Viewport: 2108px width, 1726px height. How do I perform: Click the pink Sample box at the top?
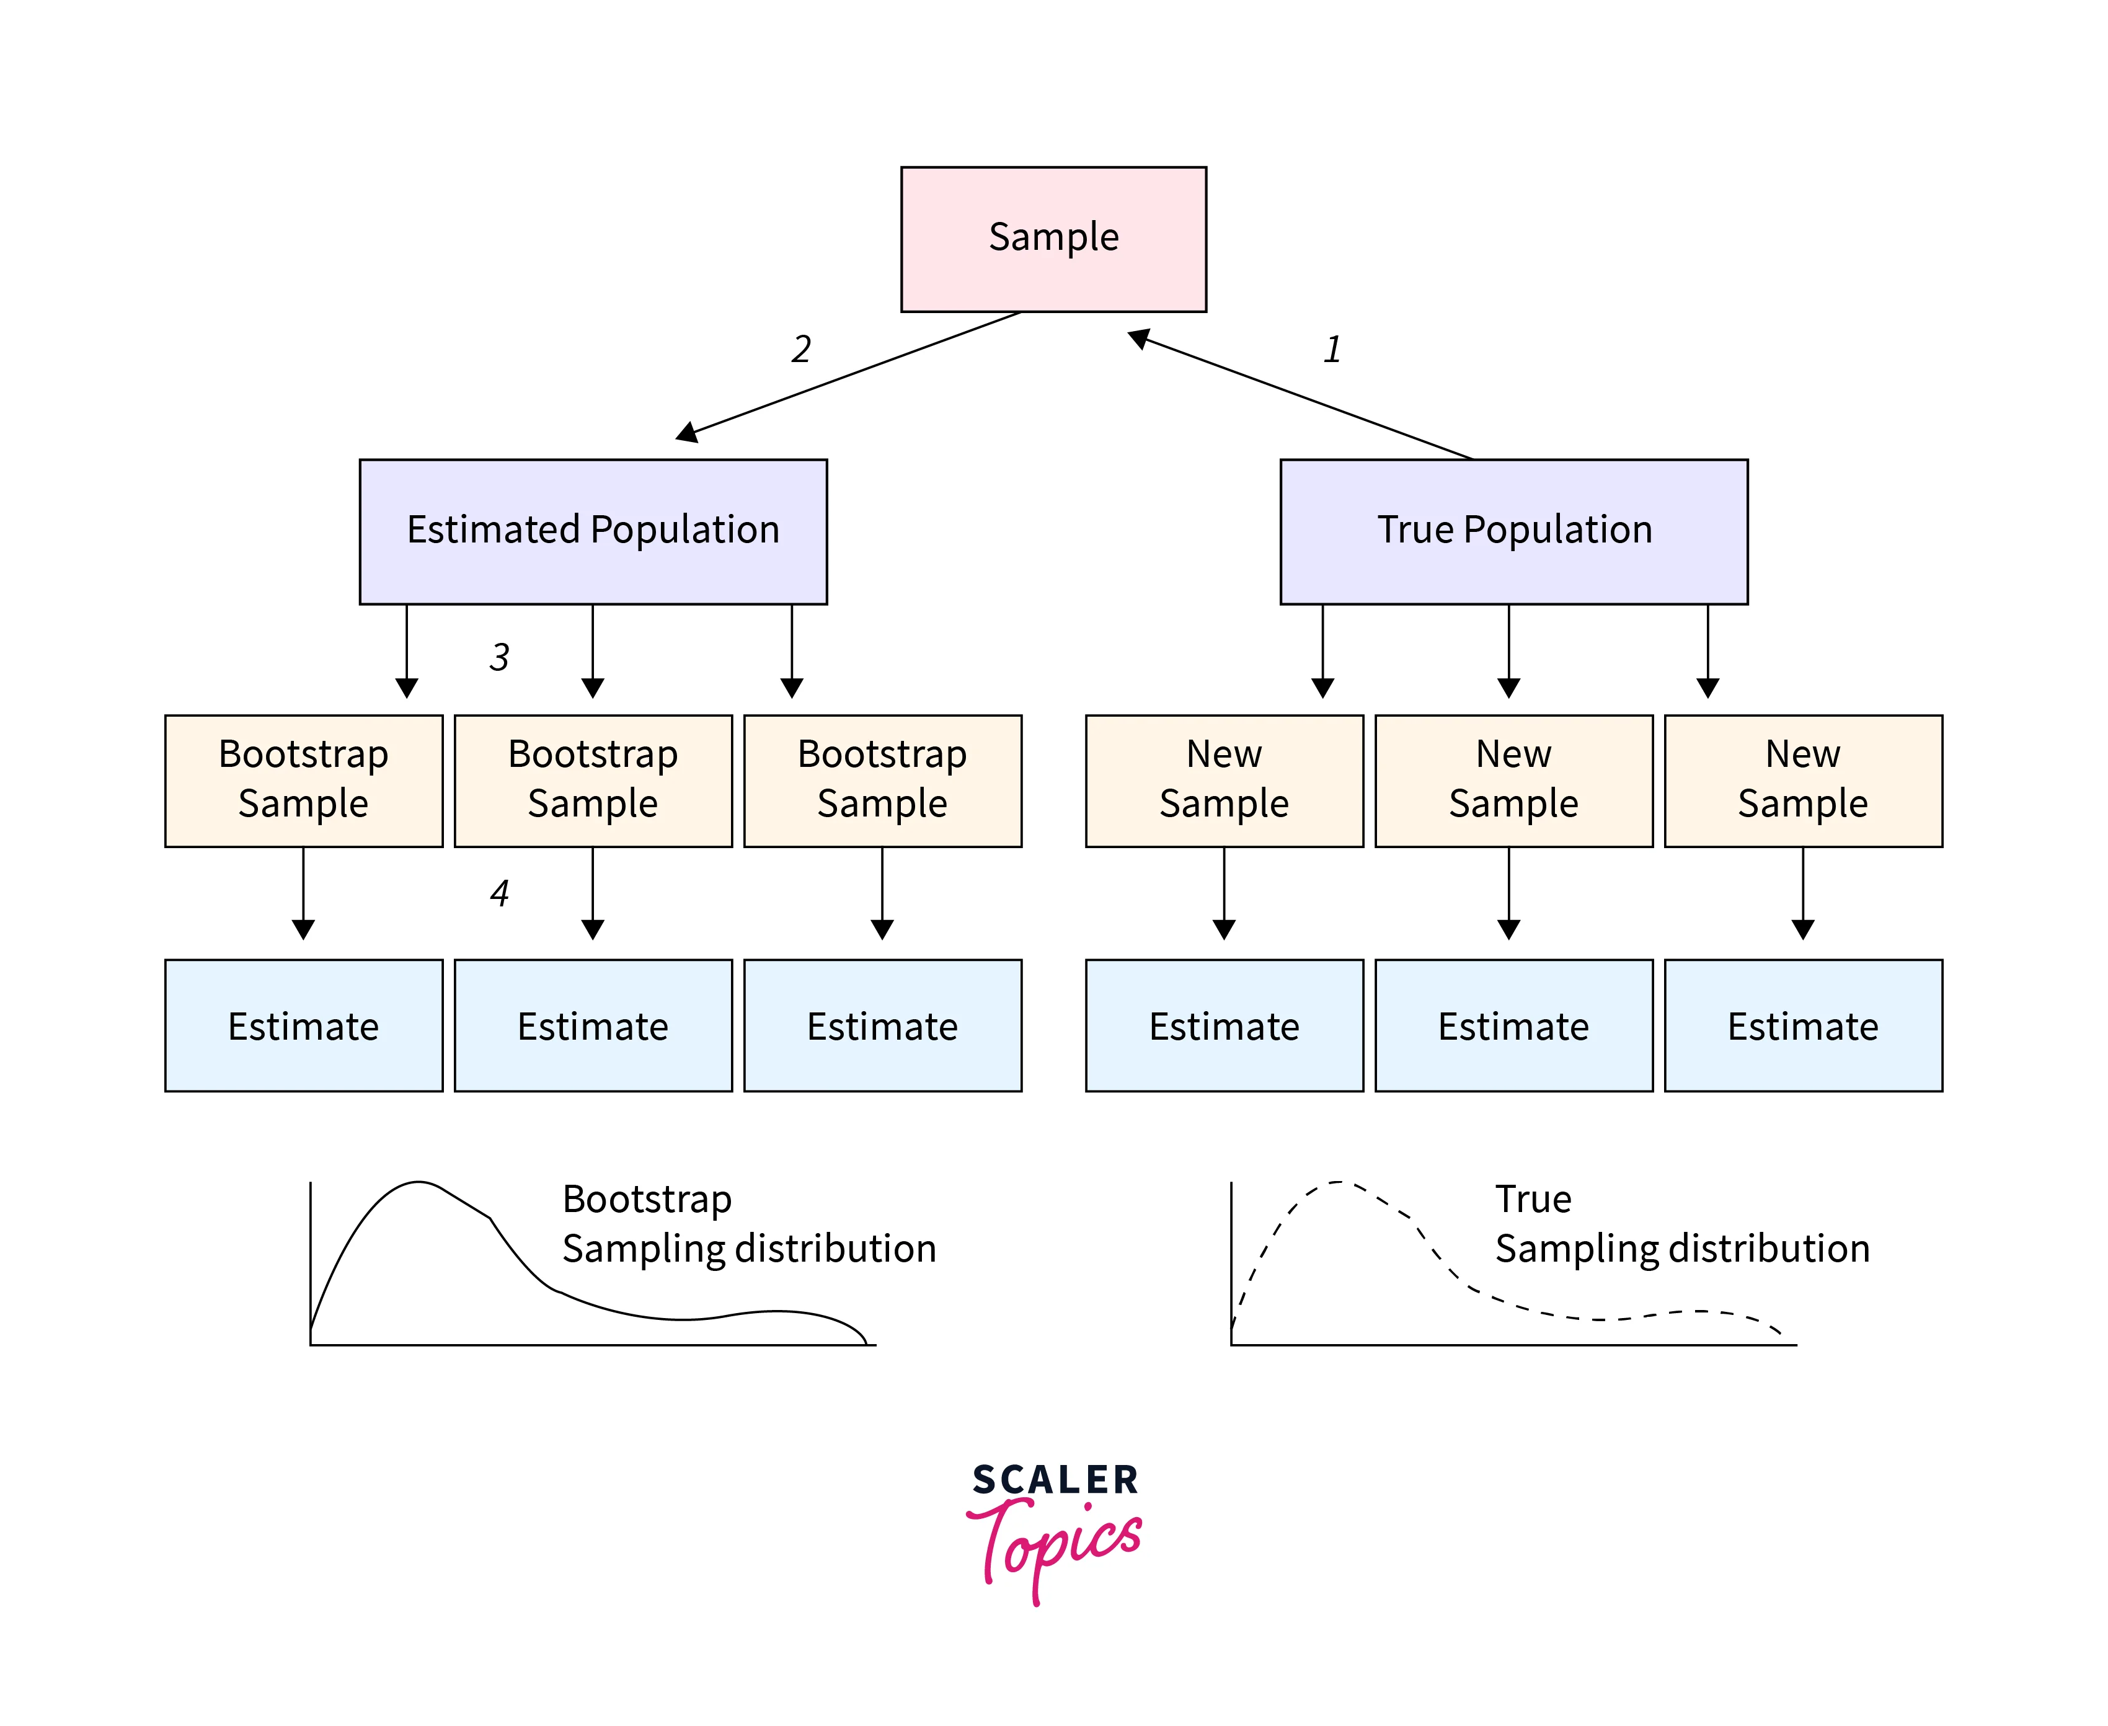[1053, 239]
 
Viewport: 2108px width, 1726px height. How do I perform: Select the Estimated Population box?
[593, 531]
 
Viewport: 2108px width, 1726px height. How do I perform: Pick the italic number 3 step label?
[499, 657]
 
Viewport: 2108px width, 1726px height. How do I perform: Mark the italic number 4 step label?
[499, 893]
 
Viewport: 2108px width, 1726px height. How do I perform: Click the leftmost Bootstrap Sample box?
[303, 781]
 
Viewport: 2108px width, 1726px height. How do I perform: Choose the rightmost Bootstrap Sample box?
[882, 781]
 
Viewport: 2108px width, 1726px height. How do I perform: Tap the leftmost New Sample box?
[1223, 781]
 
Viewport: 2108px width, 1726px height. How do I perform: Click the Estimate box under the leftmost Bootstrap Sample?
[303, 1025]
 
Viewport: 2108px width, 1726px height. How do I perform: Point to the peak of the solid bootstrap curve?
[418, 1183]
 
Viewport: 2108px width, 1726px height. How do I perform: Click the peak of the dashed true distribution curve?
[1339, 1183]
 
